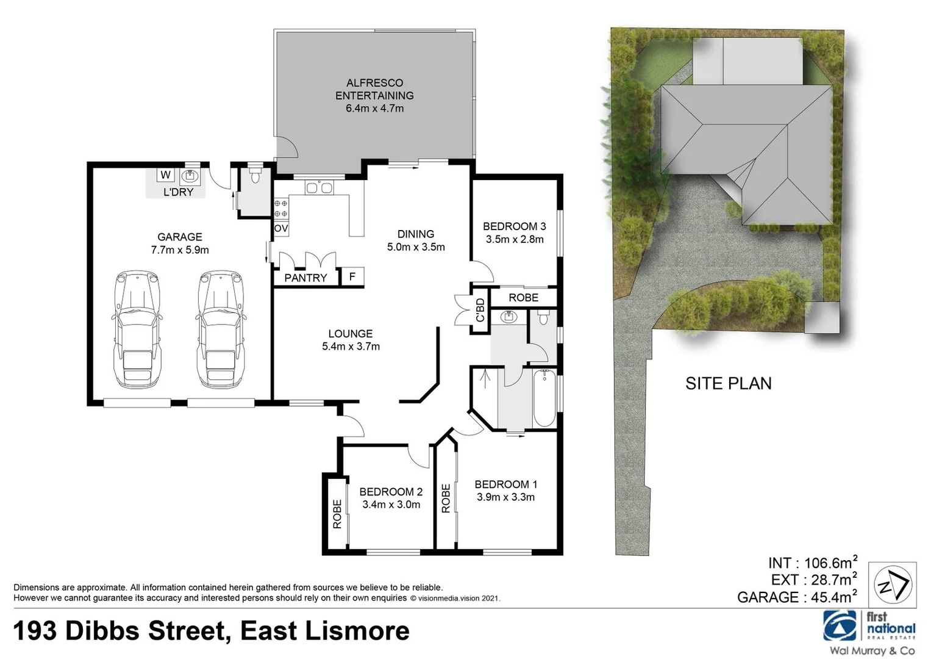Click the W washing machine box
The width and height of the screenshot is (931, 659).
pyautogui.click(x=165, y=175)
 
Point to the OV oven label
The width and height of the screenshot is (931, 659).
pyautogui.click(x=280, y=229)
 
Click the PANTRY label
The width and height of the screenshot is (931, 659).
pyautogui.click(x=305, y=278)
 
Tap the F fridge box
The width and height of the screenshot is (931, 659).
pyautogui.click(x=352, y=277)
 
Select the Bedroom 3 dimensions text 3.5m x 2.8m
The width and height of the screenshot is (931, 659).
pyautogui.click(x=514, y=239)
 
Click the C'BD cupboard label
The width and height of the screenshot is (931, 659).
pyautogui.click(x=480, y=310)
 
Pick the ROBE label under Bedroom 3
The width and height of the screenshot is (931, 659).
pyautogui.click(x=523, y=297)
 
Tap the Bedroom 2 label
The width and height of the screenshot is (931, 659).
pyautogui.click(x=391, y=492)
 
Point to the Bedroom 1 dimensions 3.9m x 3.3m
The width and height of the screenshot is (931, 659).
pyautogui.click(x=505, y=497)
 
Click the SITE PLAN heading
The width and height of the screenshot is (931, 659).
pyautogui.click(x=728, y=383)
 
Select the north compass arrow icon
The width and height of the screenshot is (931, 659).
pyautogui.click(x=892, y=585)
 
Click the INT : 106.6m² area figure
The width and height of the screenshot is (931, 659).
pyautogui.click(x=812, y=563)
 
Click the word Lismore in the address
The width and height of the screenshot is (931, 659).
pyautogui.click(x=357, y=631)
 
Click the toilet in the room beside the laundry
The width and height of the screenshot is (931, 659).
pyautogui.click(x=255, y=177)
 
